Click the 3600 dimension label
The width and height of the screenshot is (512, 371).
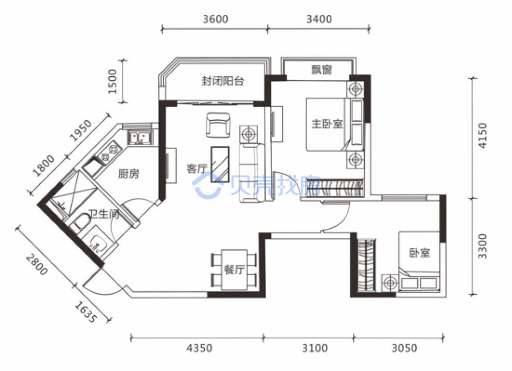pyautogui.click(x=216, y=19)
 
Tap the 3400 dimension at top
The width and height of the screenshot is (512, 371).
pyautogui.click(x=319, y=19)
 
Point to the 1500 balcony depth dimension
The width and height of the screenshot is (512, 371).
pyautogui.click(x=112, y=81)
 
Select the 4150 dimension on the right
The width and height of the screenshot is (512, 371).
pyautogui.click(x=482, y=136)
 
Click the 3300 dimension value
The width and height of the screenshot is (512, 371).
pyautogui.click(x=482, y=246)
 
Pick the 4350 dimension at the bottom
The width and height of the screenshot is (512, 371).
pyautogui.click(x=199, y=348)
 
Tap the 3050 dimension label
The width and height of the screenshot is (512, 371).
pyautogui.click(x=404, y=348)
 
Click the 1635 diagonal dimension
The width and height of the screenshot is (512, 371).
pyautogui.click(x=86, y=312)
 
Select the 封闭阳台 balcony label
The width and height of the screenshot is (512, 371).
pyautogui.click(x=223, y=81)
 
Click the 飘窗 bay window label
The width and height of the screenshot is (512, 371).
pyautogui.click(x=322, y=70)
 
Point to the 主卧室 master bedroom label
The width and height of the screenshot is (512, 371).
pyautogui.click(x=327, y=124)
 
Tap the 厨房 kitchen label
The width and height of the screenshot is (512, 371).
pyautogui.click(x=129, y=173)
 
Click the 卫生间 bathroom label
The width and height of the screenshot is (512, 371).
pyautogui.click(x=104, y=214)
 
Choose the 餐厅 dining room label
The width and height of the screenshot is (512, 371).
pyautogui.click(x=234, y=270)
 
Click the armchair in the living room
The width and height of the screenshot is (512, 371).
pyautogui.click(x=218, y=125)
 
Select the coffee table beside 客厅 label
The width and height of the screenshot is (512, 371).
pyautogui.click(x=220, y=164)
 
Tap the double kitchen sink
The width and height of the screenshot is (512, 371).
pyautogui.click(x=140, y=138)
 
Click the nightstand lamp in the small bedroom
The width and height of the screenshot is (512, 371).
pyautogui.click(x=390, y=282)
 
